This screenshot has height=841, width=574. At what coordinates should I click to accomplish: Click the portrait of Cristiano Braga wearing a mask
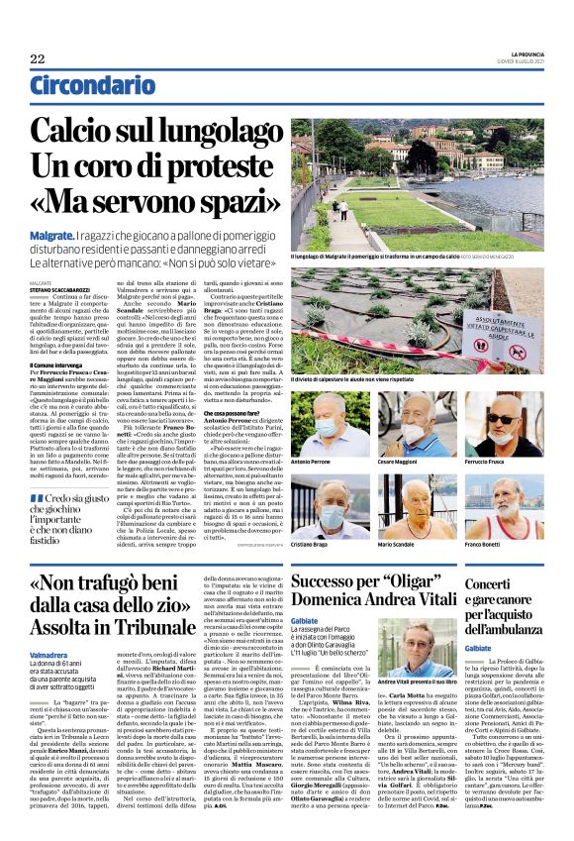[x=327, y=506]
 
